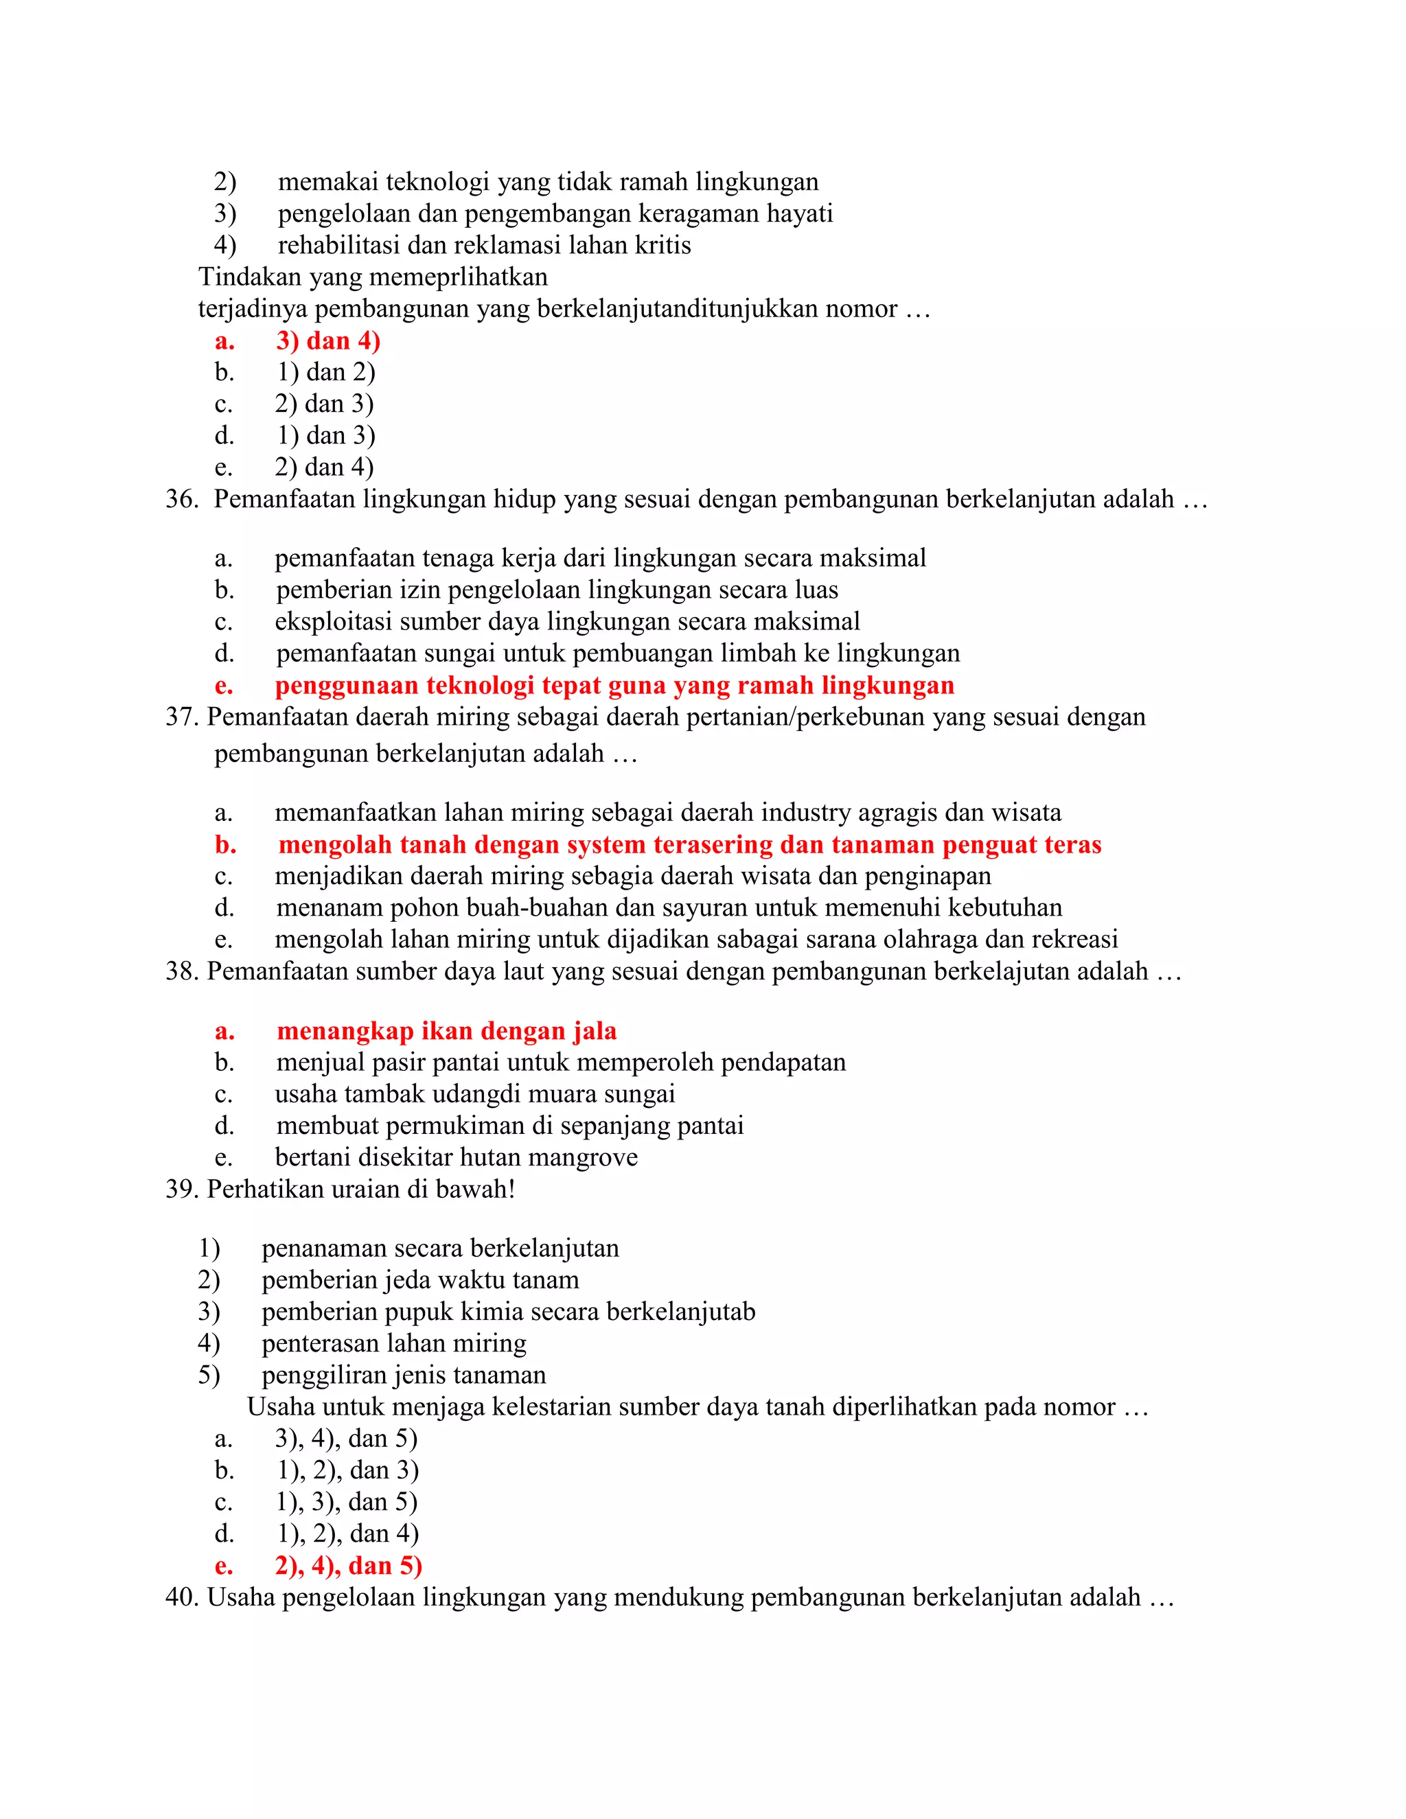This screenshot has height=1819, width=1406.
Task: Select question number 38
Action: [181, 971]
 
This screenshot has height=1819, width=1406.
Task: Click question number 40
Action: [181, 1597]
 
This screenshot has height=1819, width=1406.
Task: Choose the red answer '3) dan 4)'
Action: [328, 340]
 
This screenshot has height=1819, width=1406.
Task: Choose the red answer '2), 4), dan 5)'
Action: [348, 1566]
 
